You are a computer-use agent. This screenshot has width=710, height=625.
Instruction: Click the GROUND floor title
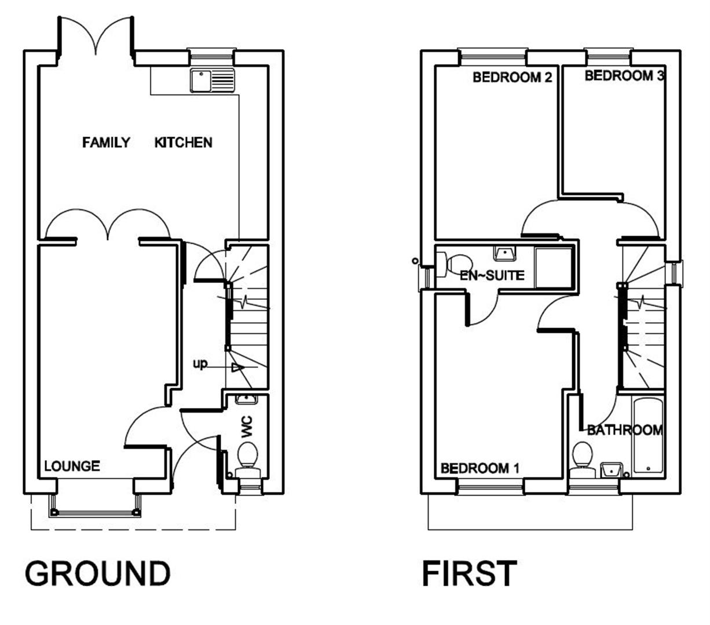tap(97, 573)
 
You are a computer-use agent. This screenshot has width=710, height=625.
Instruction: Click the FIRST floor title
tap(469, 573)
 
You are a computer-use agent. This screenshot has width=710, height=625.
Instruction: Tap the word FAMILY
tap(107, 142)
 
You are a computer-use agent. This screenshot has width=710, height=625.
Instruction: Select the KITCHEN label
tap(183, 142)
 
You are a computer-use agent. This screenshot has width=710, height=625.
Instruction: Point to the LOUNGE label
tap(72, 465)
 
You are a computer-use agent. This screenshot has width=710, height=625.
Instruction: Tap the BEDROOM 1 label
tap(480, 468)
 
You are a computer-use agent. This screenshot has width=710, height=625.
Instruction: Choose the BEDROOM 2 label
tap(512, 77)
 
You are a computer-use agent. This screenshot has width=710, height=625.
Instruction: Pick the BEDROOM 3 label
tap(624, 75)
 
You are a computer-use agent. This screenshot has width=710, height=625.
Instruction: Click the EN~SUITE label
tap(492, 275)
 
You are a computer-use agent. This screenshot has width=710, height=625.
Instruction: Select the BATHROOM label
tap(624, 430)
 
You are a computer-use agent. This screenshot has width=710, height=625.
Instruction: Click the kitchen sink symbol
tap(213, 80)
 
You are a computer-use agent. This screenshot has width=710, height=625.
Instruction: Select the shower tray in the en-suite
tap(554, 267)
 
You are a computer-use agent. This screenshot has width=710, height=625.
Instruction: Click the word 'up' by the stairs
tap(200, 365)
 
